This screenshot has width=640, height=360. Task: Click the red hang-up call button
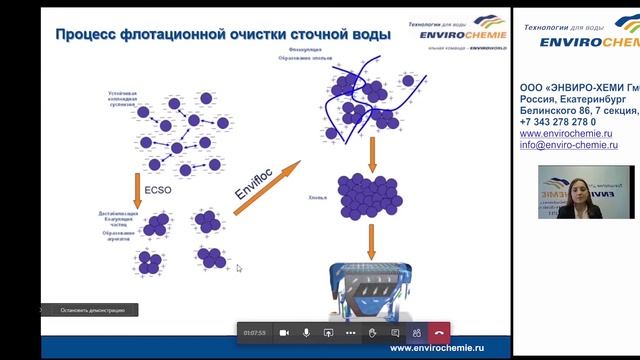(x=438, y=332)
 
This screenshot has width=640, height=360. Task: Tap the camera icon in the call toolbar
(x=284, y=332)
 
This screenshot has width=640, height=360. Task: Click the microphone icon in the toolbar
(x=306, y=332)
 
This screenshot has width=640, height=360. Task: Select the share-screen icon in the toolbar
(x=328, y=332)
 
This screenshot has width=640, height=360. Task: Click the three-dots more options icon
(x=350, y=332)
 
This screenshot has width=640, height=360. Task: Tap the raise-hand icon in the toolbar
(x=373, y=332)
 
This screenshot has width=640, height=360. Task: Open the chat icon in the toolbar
(x=395, y=332)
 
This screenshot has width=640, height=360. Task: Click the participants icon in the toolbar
(x=415, y=332)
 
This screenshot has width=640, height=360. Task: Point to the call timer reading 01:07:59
(x=254, y=332)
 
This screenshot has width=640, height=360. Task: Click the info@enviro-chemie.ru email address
(x=568, y=145)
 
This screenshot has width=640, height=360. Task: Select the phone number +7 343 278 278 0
(x=558, y=122)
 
